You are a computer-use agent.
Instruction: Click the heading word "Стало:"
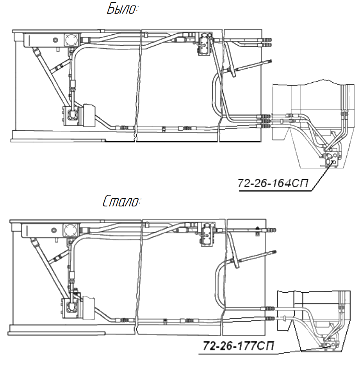click(121, 202)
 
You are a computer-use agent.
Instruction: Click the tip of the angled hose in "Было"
click(270, 60)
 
